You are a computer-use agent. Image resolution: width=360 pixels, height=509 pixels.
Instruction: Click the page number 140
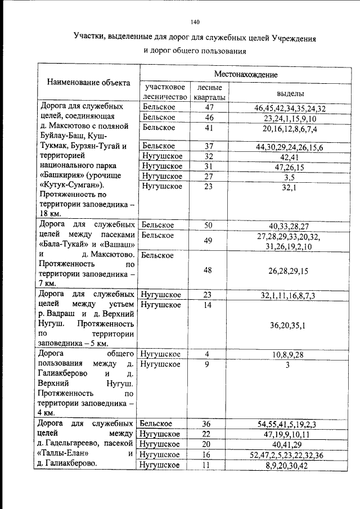click(x=195, y=22)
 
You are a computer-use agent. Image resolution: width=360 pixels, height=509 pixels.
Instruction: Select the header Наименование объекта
click(x=89, y=83)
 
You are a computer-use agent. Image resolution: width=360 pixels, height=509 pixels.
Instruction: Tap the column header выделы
click(x=291, y=93)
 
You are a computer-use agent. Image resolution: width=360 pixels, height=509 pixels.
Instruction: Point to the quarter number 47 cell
click(x=209, y=107)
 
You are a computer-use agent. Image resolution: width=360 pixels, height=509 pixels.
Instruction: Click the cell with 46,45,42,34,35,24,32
click(x=290, y=108)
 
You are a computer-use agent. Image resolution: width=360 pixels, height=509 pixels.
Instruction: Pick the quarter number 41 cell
click(x=209, y=128)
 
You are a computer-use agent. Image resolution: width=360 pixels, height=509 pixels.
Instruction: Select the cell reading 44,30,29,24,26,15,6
click(x=290, y=147)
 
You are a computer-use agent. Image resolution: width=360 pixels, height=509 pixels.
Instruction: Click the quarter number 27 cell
click(x=209, y=176)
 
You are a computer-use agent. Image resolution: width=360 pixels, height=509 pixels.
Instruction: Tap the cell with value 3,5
click(x=290, y=177)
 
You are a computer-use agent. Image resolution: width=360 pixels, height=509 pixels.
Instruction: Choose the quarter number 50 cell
click(x=209, y=226)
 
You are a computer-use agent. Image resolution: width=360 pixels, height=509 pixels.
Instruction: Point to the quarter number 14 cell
click(x=209, y=305)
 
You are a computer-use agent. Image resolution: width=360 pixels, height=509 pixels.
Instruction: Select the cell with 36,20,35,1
click(x=290, y=326)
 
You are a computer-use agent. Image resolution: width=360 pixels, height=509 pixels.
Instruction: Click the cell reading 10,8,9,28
click(x=290, y=354)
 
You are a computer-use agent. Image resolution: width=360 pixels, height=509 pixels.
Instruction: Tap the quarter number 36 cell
click(x=209, y=424)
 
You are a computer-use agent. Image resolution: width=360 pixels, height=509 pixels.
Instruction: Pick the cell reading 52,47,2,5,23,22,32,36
click(x=290, y=454)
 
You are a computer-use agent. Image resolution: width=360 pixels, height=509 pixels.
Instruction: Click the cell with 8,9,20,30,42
click(x=290, y=465)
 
